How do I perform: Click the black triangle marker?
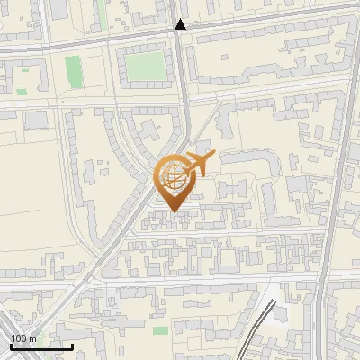tap(181, 24)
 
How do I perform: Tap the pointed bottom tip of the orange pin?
tap(174, 211)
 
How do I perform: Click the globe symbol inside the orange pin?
tap(170, 175)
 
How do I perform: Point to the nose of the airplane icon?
tap(213, 156)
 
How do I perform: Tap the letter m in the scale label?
tap(33, 337)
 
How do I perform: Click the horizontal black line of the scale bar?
tap(40, 346)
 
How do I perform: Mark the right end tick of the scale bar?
tap(72, 345)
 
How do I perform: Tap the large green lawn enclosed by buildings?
tap(144, 66)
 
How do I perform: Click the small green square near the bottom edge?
tap(160, 331)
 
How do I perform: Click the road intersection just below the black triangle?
tap(181, 36)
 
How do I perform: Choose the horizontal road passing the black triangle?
tap(270, 21)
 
